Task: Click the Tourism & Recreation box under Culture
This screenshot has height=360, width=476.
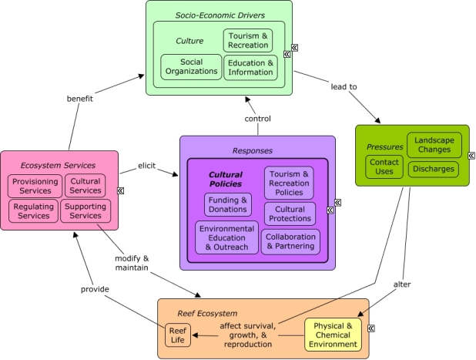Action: tap(248, 40)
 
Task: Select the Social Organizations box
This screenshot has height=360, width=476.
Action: tap(191, 67)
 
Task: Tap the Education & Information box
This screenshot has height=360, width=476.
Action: tap(251, 68)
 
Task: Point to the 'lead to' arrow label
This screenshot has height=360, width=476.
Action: tap(344, 87)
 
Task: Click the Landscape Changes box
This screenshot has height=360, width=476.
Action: tap(434, 145)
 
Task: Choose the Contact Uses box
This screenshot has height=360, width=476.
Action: tap(384, 167)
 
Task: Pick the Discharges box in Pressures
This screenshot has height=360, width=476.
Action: tap(433, 170)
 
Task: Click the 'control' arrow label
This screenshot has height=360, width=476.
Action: tap(258, 119)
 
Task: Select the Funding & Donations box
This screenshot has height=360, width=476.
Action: tap(228, 205)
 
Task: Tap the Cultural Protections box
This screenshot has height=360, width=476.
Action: tap(290, 214)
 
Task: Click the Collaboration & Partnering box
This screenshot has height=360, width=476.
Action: tap(290, 241)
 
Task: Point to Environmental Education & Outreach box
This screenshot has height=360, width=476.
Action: tap(226, 237)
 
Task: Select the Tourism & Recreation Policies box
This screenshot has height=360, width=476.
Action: tap(289, 183)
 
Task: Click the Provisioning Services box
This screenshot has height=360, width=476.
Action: tap(35, 187)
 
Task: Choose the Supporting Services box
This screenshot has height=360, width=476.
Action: tap(85, 211)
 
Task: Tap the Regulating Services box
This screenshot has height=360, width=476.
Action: tap(33, 211)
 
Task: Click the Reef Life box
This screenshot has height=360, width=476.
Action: tap(178, 335)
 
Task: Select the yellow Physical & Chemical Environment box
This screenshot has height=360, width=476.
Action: tap(333, 335)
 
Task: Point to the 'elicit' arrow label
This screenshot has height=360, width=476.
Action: tap(146, 166)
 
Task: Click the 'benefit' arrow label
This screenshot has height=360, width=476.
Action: tap(80, 99)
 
